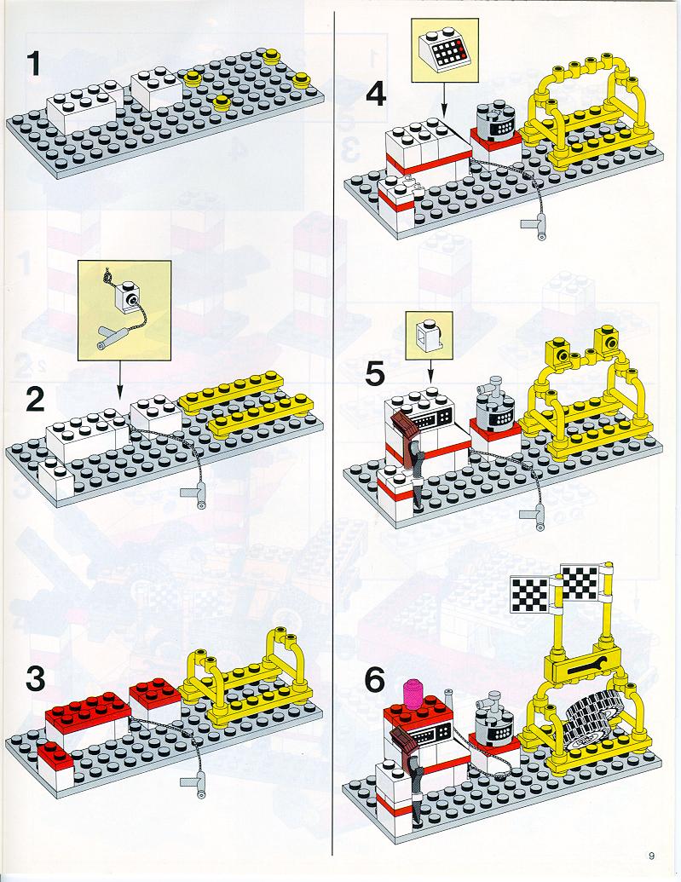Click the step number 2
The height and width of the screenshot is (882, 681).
35,400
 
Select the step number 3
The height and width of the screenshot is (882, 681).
35,681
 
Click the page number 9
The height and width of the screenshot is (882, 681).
650,856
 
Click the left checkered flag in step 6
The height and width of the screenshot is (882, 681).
529,590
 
